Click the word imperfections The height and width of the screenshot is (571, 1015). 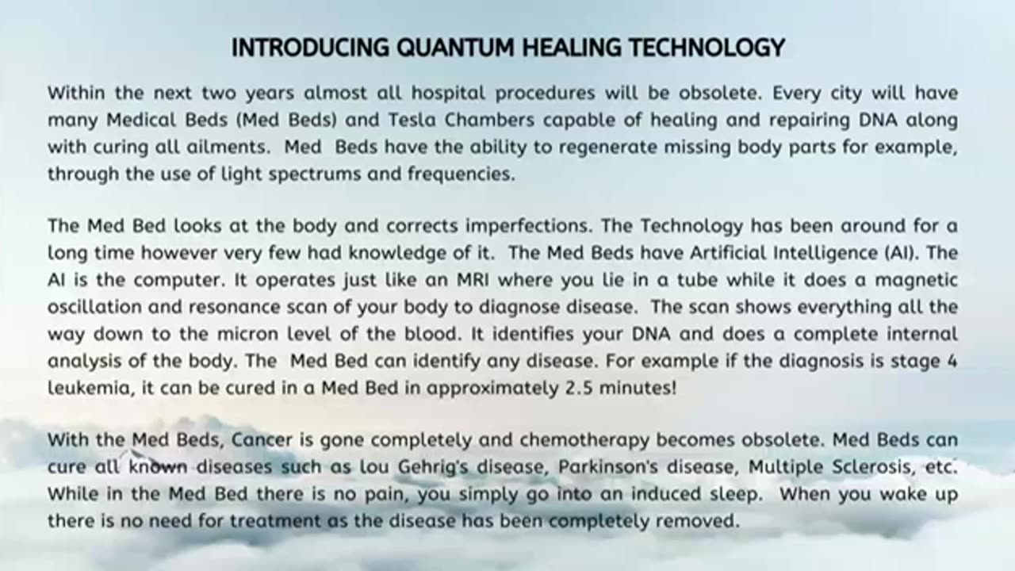[528, 226]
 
